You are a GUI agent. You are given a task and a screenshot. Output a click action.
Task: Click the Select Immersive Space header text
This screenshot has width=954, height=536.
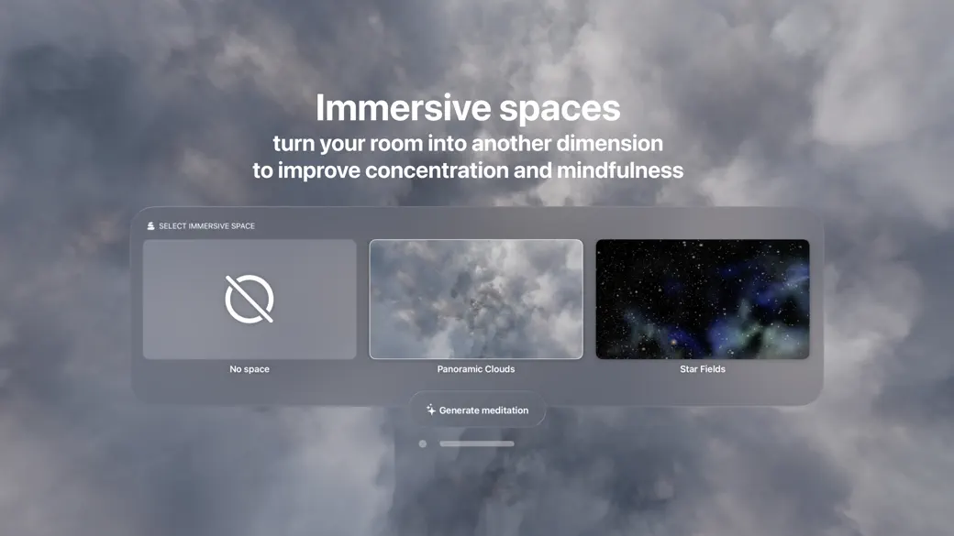(x=206, y=226)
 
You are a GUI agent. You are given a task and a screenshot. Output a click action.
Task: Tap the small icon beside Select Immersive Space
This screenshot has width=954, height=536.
(x=150, y=226)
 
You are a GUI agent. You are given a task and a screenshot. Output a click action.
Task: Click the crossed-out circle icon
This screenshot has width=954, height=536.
(x=250, y=299)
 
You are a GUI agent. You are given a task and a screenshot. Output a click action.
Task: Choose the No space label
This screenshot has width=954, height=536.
(x=250, y=369)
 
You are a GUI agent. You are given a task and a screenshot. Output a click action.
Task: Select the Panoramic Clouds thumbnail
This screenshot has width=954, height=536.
(x=476, y=299)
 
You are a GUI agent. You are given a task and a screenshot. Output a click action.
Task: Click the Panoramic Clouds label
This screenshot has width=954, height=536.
(x=476, y=369)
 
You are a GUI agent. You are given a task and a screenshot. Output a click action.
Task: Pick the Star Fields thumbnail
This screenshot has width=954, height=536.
(x=703, y=299)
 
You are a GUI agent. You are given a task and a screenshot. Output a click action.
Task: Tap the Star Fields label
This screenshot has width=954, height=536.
(x=703, y=369)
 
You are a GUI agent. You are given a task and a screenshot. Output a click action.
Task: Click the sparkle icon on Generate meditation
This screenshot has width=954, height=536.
(x=430, y=410)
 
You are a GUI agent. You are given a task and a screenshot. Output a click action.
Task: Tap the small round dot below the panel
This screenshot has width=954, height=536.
(x=423, y=443)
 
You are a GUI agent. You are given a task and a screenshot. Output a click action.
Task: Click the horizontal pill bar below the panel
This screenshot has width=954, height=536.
(x=477, y=443)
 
